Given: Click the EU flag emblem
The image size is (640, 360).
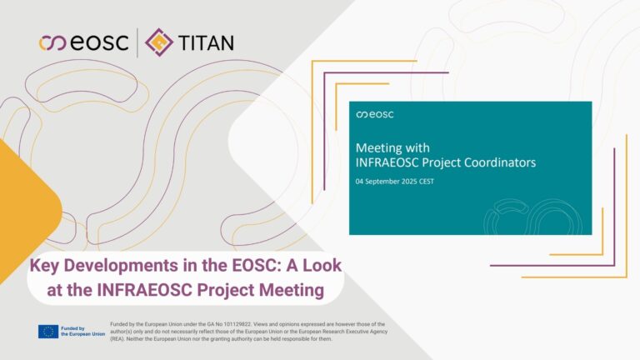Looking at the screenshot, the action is click(48, 332).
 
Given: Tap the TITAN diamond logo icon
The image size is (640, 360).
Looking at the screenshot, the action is click(159, 42).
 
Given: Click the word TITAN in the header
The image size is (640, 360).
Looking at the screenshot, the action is click(206, 42).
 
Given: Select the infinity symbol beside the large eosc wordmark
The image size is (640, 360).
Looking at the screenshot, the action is click(52, 42).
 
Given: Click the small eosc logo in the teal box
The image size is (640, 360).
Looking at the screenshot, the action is click(375, 114).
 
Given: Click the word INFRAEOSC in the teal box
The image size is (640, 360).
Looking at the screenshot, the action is click(387, 162).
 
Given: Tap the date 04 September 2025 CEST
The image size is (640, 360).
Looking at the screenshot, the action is click(395, 181).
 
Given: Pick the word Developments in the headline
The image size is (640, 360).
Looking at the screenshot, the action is click(121, 266).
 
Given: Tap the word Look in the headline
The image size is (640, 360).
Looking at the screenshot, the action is click(325, 265).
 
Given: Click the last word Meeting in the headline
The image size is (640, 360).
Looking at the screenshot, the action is click(292, 291).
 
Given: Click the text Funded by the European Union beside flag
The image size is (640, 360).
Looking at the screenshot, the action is click(82, 331).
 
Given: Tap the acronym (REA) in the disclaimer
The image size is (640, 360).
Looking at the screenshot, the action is click(117, 339).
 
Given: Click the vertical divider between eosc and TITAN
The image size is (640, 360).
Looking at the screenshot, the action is click(137, 42).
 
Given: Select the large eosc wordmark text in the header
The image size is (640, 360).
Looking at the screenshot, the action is click(100, 42).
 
